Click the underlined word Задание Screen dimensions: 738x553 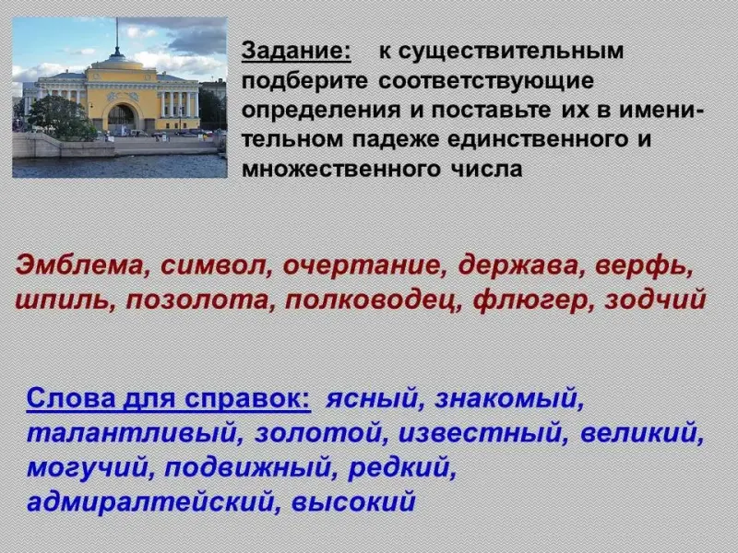[x=296, y=52]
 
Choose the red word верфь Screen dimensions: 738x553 [x=644, y=266]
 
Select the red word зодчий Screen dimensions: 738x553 [x=655, y=300]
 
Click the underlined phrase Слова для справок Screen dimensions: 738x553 [x=169, y=398]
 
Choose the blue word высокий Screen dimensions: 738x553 [x=353, y=501]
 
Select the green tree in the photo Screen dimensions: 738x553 [x=61, y=118]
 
